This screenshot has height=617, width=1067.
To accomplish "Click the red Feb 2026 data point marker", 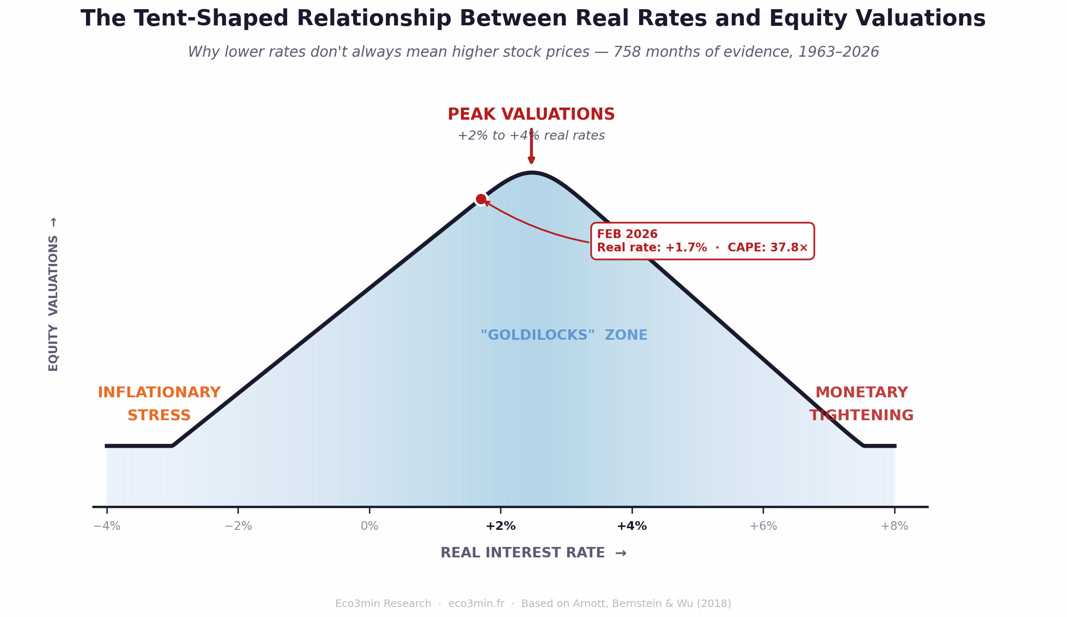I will pyautogui.click(x=481, y=199).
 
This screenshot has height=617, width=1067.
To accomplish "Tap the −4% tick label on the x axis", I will pyautogui.click(x=107, y=527).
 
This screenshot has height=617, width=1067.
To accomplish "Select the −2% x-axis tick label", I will pyautogui.click(x=238, y=527).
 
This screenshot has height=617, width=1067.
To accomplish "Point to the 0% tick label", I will pyautogui.click(x=369, y=527).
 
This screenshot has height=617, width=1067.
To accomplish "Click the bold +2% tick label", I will pyautogui.click(x=501, y=527).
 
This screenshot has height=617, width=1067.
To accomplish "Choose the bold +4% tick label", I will pyautogui.click(x=632, y=527).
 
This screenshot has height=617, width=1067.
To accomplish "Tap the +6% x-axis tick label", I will pyautogui.click(x=763, y=527).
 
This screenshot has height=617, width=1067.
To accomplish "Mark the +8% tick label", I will pyautogui.click(x=894, y=527).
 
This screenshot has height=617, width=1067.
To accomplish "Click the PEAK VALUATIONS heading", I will pyautogui.click(x=531, y=115).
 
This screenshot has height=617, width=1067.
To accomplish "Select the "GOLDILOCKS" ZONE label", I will pyautogui.click(x=564, y=335).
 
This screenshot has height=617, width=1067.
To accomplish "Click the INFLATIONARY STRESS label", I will pyautogui.click(x=159, y=404).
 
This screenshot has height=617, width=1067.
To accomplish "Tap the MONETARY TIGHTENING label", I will pyautogui.click(x=861, y=404).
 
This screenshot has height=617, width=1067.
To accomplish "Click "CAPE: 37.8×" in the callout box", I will pyautogui.click(x=767, y=248).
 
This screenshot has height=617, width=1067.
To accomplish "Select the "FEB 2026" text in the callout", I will pyautogui.click(x=627, y=234).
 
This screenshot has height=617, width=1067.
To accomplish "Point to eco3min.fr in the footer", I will pyautogui.click(x=476, y=604).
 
